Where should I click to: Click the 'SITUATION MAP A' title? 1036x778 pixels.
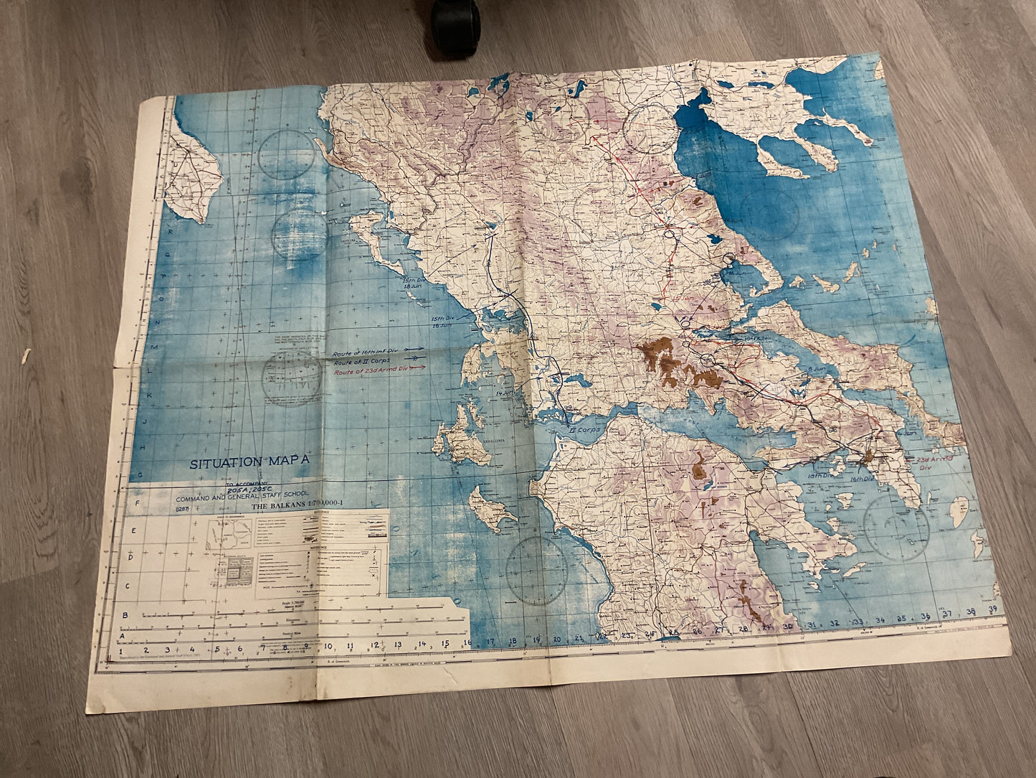pos(250,462)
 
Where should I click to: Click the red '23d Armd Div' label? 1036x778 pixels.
pos(933,461)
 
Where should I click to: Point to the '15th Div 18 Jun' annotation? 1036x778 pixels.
pos(414,285)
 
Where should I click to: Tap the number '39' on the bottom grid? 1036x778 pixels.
pos(991,609)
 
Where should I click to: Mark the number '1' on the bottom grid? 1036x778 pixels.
pos(111,652)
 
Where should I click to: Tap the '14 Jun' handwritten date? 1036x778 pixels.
pos(505,394)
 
